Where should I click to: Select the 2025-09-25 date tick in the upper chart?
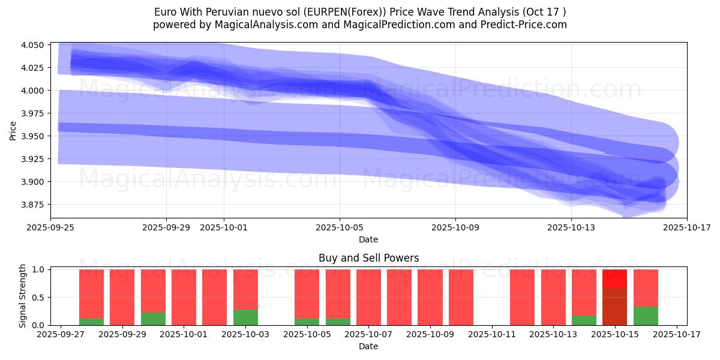51,227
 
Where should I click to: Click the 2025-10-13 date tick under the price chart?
571,227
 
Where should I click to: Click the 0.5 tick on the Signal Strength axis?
38,298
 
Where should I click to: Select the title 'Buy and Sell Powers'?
368,258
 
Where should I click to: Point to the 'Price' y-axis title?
13,130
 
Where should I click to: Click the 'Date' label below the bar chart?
368,346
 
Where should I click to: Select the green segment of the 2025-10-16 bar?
646,316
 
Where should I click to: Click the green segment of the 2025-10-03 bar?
245,317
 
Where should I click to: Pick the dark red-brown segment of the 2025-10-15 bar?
614,307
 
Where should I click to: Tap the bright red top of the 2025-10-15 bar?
614,278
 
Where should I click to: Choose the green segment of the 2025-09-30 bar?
153,319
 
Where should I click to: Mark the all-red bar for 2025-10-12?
522,297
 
